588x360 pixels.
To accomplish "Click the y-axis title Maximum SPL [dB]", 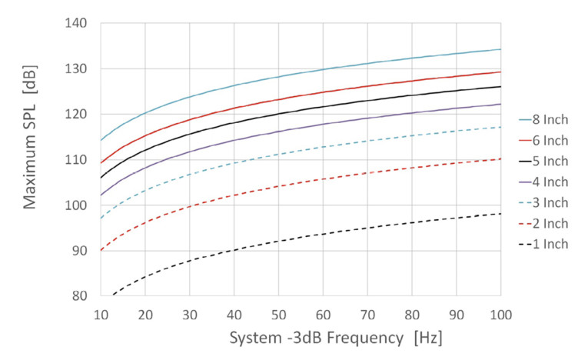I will click(x=31, y=159).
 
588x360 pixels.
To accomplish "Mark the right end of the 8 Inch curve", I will click(x=500, y=49).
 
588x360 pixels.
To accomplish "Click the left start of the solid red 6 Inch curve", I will click(x=100, y=163).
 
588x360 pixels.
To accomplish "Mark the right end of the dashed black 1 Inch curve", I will click(x=500, y=213).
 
